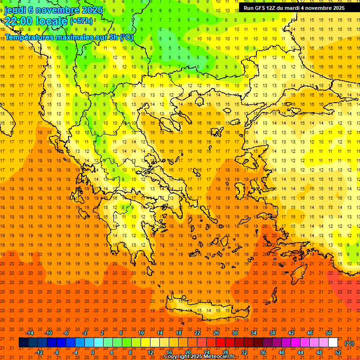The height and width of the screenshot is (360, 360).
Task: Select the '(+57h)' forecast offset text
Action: coord(82,22)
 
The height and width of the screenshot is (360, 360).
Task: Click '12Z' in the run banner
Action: coord(273,8)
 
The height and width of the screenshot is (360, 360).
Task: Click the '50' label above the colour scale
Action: coord(329,333)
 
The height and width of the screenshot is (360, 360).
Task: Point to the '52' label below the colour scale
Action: coord(337,352)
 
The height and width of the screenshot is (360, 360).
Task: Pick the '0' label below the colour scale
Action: coord(93,352)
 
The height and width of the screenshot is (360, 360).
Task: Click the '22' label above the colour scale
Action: coord(197,333)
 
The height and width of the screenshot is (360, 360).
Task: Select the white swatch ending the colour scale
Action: coord(333,343)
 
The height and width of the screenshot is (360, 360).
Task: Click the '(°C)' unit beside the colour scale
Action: coord(349,343)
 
